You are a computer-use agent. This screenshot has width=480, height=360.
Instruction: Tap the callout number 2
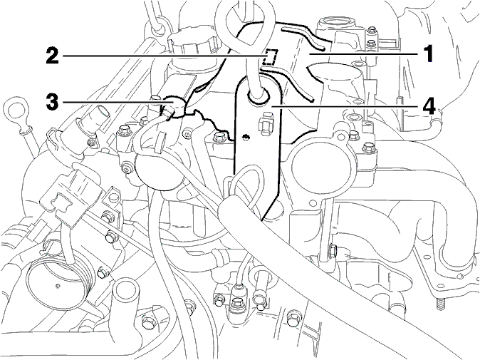coord(53,55)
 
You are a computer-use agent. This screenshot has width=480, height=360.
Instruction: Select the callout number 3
coord(52,101)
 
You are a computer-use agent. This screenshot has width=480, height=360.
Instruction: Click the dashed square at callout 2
coord(271,57)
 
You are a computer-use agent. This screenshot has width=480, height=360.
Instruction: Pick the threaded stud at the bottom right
coord(439,307)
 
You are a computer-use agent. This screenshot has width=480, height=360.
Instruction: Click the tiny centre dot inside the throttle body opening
coord(57,286)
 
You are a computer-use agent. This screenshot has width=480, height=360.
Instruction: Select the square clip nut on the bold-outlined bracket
coord(266,123)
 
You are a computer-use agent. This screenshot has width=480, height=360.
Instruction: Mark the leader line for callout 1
coord(364,53)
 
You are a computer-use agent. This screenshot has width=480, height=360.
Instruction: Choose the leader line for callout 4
coord(345,106)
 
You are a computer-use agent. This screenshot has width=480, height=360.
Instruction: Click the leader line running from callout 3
coord(117,101)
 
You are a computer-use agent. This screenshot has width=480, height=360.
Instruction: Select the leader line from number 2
coord(164,56)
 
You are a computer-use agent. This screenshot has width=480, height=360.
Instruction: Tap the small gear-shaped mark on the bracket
coord(244,136)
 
